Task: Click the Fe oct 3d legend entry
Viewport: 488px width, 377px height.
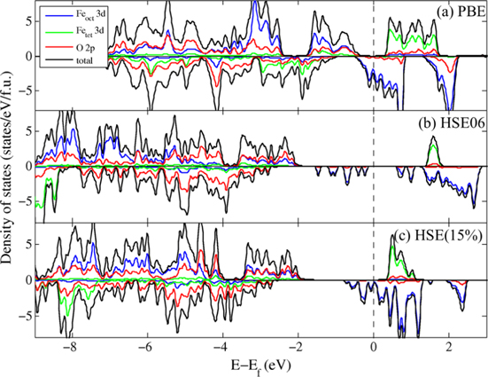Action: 75,13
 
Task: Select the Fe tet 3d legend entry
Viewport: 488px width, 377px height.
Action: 75,29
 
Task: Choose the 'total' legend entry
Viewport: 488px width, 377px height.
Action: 72,59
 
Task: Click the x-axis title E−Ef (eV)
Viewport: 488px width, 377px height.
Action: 259,365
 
